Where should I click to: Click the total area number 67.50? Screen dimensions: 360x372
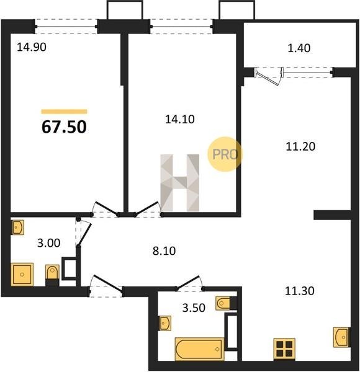pyautogui.click(x=64, y=127)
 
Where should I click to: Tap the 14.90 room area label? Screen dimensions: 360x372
pyautogui.click(x=32, y=47)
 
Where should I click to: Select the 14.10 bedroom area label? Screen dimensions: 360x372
pyautogui.click(x=180, y=119)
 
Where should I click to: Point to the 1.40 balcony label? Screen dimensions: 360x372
pyautogui.click(x=299, y=48)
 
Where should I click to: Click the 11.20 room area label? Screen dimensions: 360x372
pyautogui.click(x=300, y=146)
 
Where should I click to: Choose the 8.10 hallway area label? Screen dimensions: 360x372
pyautogui.click(x=164, y=250)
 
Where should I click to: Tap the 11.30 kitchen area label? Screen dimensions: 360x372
pyautogui.click(x=299, y=291)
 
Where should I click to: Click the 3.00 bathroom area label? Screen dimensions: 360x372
pyautogui.click(x=48, y=243)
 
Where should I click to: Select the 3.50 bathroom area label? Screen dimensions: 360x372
pyautogui.click(x=194, y=308)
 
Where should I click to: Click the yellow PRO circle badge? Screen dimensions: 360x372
pyautogui.click(x=225, y=154)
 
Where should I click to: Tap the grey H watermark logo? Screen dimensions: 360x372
pyautogui.click(x=180, y=183)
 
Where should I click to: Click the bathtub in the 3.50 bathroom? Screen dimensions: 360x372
pyautogui.click(x=199, y=349)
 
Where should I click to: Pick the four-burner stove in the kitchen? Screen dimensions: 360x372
pyautogui.click(x=284, y=348)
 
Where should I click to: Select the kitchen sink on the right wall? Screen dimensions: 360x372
pyautogui.click(x=341, y=337)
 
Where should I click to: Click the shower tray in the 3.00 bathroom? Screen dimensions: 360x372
pyautogui.click(x=22, y=275)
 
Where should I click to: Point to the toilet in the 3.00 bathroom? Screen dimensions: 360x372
pyautogui.click(x=52, y=275)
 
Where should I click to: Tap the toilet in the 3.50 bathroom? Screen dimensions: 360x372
pyautogui.click(x=226, y=303)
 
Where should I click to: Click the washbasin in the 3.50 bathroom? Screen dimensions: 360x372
pyautogui.click(x=165, y=323)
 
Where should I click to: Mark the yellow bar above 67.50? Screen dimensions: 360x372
pyautogui.click(x=64, y=112)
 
